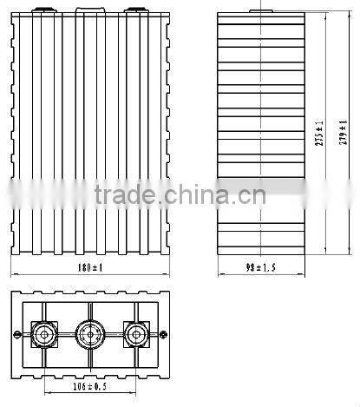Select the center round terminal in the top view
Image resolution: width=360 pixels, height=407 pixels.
click(88, 332)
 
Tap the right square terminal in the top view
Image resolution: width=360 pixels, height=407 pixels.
click(135, 332)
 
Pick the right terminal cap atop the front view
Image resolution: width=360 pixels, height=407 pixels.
click(134, 11)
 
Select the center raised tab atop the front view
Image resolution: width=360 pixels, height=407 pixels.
click(88, 11)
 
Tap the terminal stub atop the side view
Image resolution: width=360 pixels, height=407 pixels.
click(258, 11)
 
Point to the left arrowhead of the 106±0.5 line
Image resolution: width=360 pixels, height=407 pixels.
click(43, 389)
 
